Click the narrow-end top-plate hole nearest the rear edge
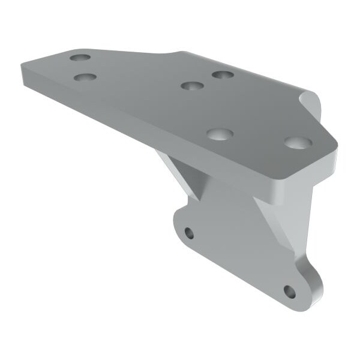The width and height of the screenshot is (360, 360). pos(80,58)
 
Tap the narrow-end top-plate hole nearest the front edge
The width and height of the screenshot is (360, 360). pos(86,77)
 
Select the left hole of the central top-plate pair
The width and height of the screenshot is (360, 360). pos(191,85)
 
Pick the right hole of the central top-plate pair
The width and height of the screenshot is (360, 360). pos(223,75)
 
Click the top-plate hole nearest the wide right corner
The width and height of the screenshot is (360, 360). pos(298,143)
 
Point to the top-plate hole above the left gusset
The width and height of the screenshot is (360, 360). pos(220,133)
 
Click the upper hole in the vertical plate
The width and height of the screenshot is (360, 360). pos(190,233)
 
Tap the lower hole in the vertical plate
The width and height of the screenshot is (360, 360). pos(289,292)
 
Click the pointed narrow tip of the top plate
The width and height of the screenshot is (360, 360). pos(23,66)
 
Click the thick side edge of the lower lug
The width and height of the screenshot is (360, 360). pos(316,282)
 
